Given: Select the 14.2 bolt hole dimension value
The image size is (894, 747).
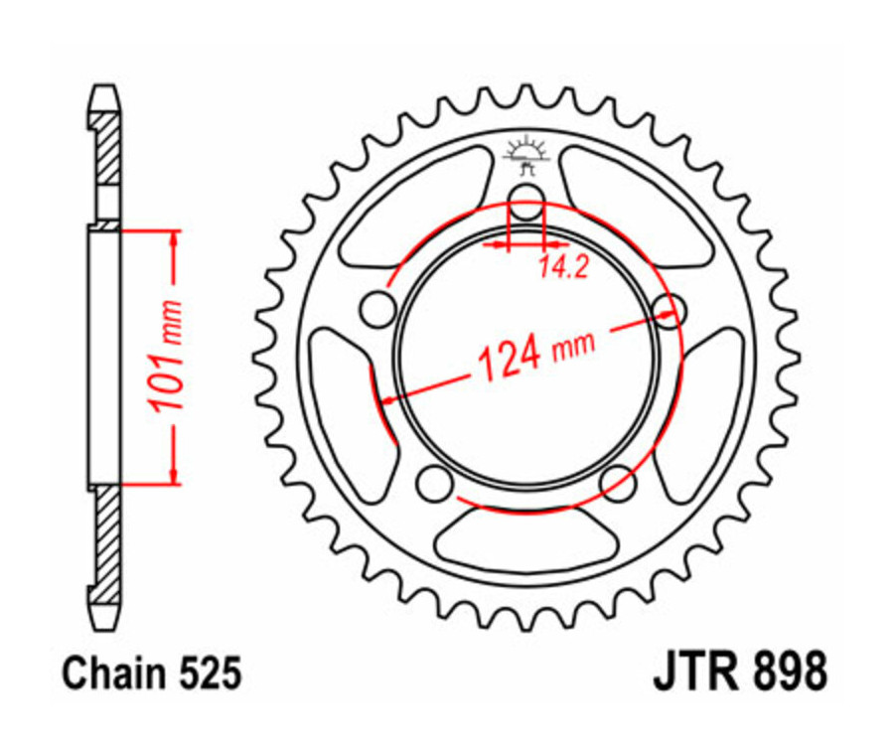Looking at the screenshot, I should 557,266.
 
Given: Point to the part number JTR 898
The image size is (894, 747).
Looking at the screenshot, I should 740,672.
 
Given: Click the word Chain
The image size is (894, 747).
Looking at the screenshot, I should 108,673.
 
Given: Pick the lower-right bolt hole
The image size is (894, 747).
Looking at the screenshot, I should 618,484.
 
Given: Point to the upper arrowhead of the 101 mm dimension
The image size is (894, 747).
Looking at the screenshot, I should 175,237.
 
